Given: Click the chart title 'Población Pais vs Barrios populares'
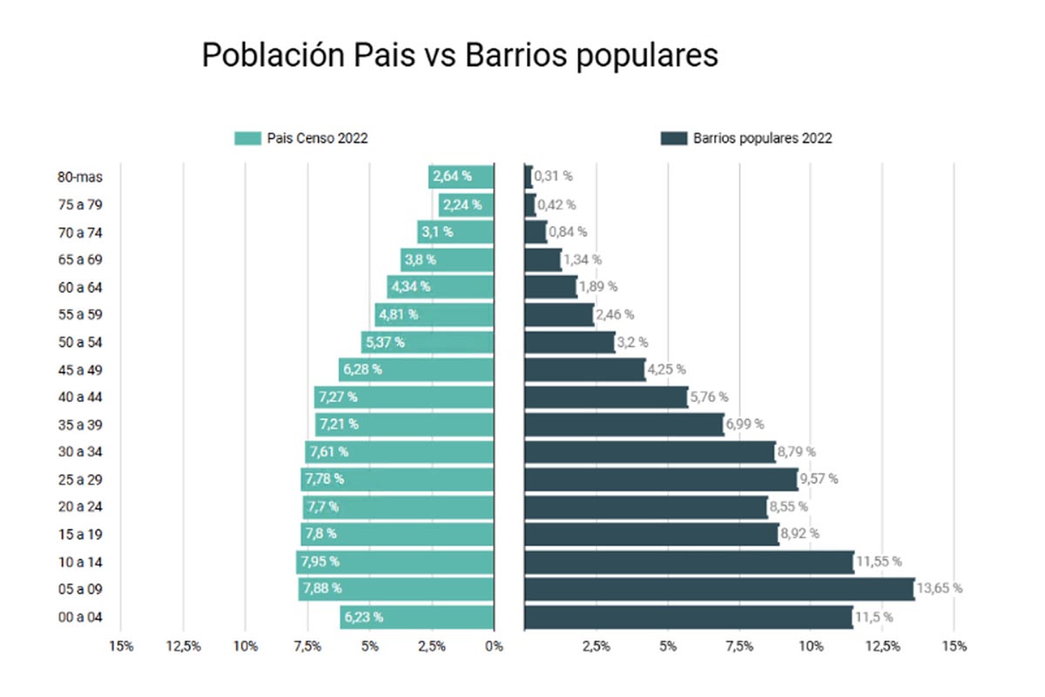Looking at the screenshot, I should point(460,55).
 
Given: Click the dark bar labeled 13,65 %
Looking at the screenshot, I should point(719,589).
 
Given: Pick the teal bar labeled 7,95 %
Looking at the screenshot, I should point(395,562).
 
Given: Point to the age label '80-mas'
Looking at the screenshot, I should point(80,177).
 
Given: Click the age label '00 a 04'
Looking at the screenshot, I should point(80,617).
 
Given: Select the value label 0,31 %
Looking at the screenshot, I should point(554,176).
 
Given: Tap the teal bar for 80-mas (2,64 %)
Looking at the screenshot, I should point(462,177).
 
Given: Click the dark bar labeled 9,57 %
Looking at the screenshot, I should point(661,479).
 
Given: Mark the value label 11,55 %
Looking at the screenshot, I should point(879,562).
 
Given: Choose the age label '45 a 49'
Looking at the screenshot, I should point(80,369).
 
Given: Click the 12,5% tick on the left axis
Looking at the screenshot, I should point(183,646).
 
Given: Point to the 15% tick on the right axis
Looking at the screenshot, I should point(954,646).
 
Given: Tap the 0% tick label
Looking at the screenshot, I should point(494,646).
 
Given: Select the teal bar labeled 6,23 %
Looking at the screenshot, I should point(417,617).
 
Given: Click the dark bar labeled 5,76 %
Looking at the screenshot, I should point(606,397).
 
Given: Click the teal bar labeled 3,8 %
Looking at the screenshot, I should point(447,260).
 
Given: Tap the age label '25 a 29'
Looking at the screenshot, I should point(80,479).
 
